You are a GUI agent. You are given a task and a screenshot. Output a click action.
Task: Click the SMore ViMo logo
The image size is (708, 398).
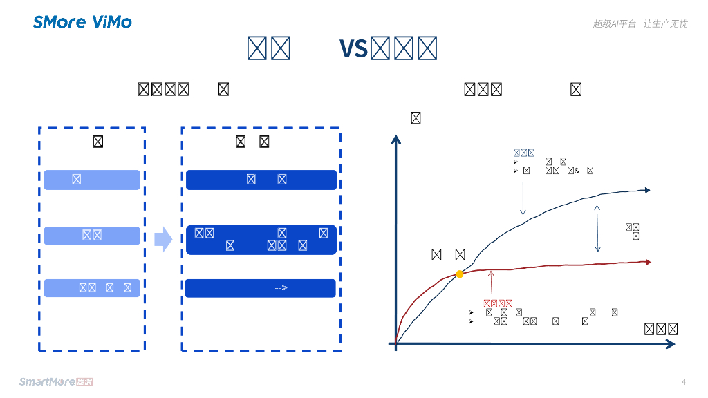(82, 22)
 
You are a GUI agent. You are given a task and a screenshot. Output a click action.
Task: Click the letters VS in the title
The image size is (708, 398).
(353, 49)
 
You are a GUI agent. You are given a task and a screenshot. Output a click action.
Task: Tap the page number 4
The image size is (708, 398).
(684, 382)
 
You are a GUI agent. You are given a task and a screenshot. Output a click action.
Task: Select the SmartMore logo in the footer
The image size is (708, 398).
(56, 381)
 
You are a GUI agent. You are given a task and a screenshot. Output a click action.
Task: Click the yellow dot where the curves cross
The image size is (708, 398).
(460, 274)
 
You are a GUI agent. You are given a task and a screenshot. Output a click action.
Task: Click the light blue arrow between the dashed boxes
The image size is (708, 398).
(163, 239)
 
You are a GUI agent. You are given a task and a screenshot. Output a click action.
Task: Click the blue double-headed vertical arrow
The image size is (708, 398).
(598, 228)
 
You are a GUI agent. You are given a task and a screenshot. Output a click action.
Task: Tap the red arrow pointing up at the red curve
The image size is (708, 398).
(491, 283)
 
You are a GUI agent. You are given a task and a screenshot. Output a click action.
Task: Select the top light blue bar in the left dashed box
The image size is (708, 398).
(92, 180)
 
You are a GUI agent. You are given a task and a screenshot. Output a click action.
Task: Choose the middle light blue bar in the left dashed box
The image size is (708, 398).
(92, 236)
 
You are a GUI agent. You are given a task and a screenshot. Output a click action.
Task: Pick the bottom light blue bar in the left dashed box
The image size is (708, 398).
(92, 288)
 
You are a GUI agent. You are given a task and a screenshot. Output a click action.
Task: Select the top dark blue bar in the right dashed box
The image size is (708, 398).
(261, 180)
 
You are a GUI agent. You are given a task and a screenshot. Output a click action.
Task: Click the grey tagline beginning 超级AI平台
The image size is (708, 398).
(640, 23)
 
